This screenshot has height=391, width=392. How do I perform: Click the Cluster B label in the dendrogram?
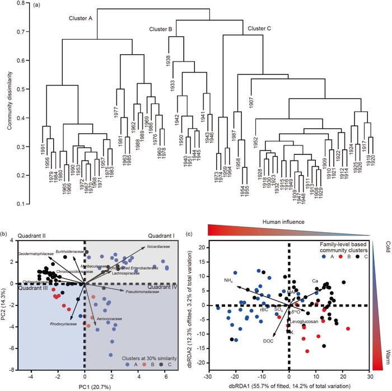[x=162, y=29]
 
